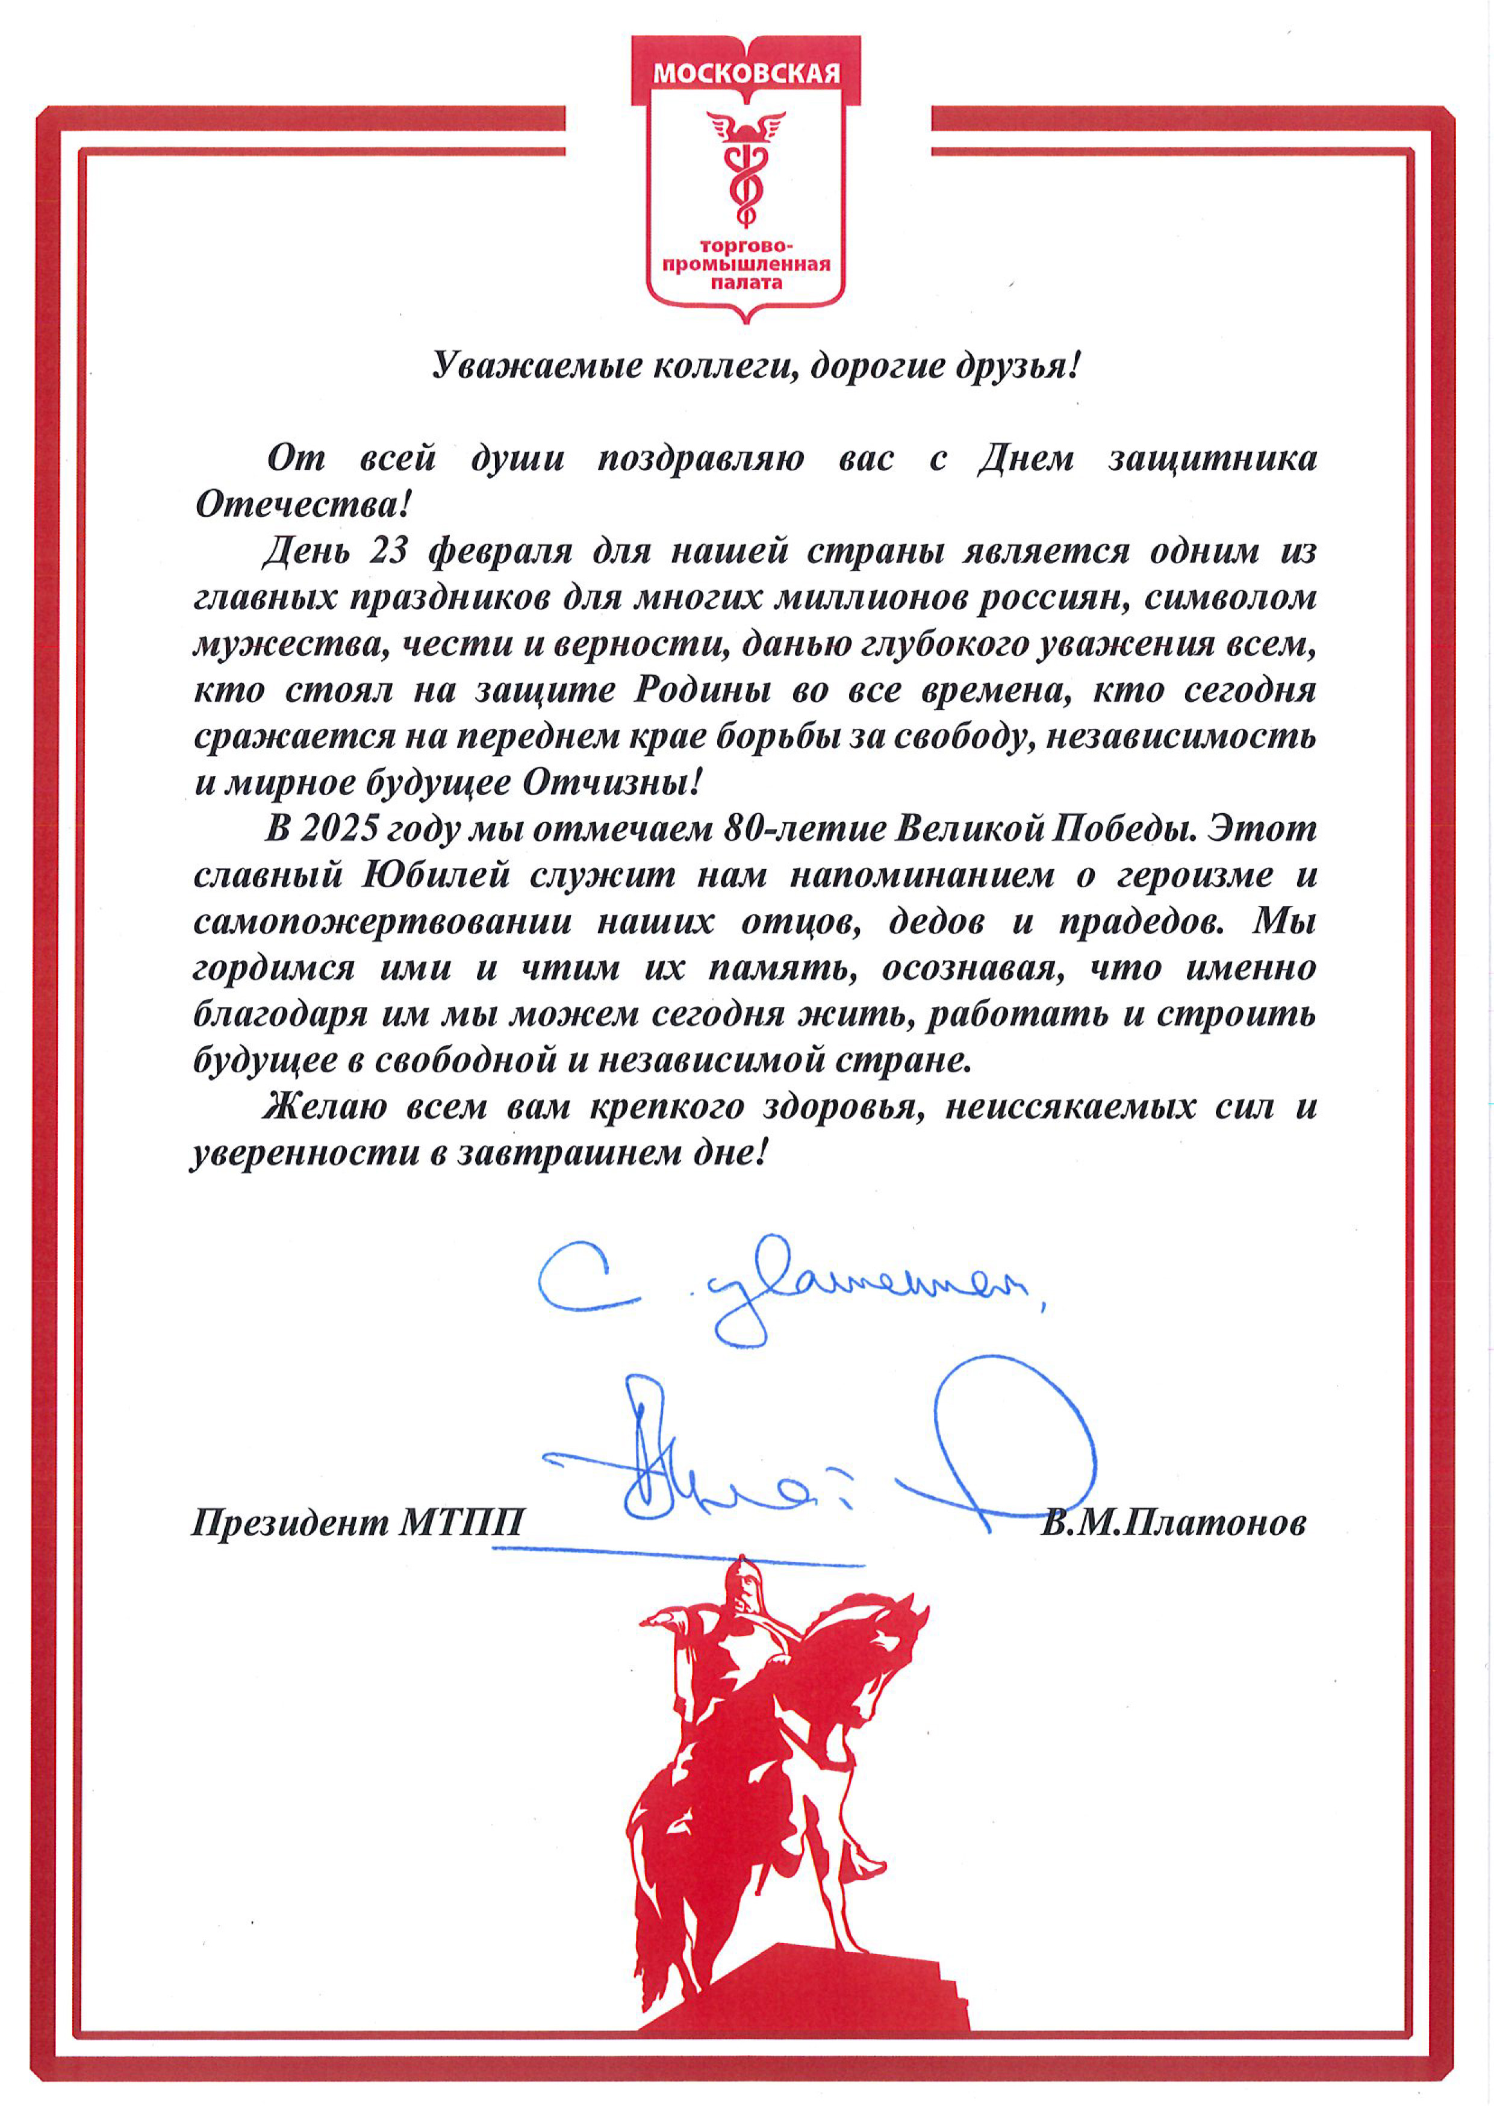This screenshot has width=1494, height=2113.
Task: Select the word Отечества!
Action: tap(302, 504)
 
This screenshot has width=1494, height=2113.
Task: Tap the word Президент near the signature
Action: tap(291, 1523)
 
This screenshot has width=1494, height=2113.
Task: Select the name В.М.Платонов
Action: tap(1173, 1523)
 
